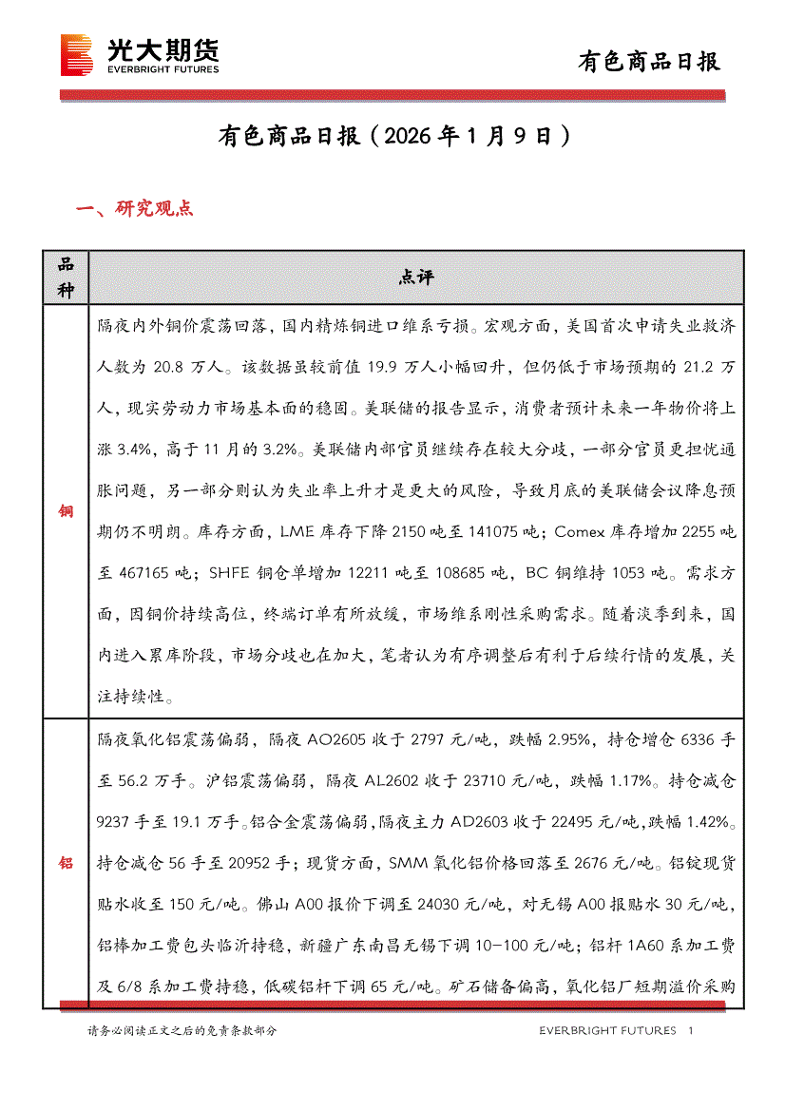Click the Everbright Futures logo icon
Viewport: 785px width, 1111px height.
coord(76,55)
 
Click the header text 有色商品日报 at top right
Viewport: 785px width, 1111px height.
coord(650,62)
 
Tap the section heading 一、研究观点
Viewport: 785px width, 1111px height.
coord(134,209)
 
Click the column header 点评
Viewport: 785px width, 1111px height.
coord(416,278)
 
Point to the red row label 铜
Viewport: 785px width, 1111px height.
coord(66,511)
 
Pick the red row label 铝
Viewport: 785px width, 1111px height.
coord(66,863)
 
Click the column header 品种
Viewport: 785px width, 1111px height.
coord(66,278)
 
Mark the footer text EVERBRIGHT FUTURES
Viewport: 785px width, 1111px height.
coord(607,1030)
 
